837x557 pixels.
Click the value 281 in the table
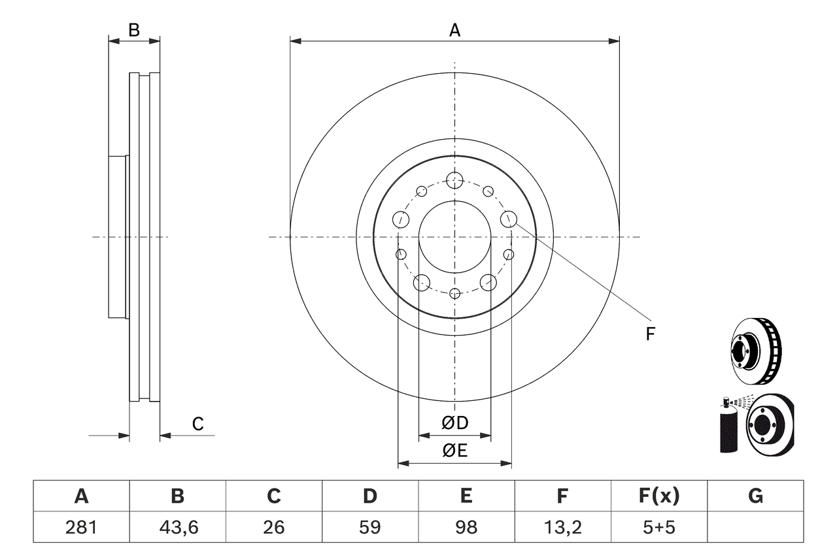tap(81, 527)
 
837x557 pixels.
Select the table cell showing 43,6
tap(177, 527)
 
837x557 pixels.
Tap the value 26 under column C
tap(273, 527)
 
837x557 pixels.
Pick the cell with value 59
tap(369, 527)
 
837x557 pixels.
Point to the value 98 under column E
tap(466, 527)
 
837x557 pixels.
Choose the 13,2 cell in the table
tap(562, 527)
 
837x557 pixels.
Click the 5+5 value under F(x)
tap(658, 527)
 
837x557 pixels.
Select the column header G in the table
tap(755, 496)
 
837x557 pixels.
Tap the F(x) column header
tap(658, 496)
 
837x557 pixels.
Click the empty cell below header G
tap(755, 527)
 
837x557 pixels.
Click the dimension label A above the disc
tap(454, 29)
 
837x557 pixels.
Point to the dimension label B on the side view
tap(133, 29)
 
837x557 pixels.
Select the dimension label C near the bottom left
tap(197, 424)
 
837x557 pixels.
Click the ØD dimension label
tap(455, 423)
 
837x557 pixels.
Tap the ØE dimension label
tap(455, 451)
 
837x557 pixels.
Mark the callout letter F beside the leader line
tap(650, 334)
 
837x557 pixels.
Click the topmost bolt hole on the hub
tap(454, 180)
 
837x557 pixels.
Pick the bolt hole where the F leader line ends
tap(508, 219)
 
